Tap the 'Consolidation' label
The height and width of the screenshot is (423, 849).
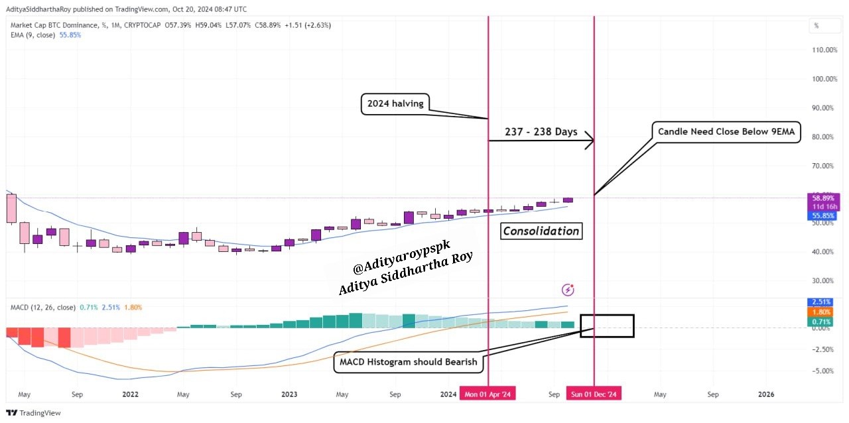541,231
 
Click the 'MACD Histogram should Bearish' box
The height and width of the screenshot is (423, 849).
408,362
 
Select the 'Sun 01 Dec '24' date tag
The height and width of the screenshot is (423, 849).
594,394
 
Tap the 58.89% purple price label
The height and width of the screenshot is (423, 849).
822,198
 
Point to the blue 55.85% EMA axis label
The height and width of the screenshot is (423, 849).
822,216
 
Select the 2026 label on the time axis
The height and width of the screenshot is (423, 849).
765,394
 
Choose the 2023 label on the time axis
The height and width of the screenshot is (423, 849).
289,394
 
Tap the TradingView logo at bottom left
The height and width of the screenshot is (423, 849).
34,413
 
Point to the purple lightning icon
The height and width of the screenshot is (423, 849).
568,289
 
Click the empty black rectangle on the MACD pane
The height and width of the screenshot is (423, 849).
607,326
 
